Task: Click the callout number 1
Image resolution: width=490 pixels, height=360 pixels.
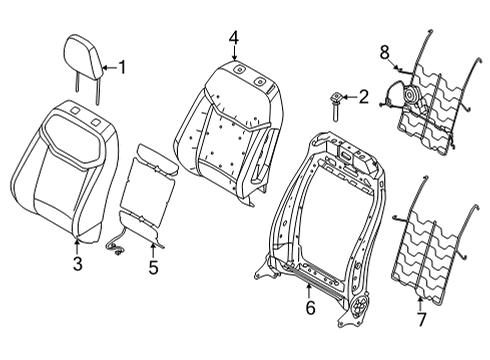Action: point(122,69)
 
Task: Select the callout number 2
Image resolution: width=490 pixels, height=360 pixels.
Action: point(363,97)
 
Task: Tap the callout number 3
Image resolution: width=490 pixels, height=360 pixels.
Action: point(78,263)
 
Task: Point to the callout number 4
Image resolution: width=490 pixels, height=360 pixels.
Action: point(233,37)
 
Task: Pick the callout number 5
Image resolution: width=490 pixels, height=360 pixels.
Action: point(153,267)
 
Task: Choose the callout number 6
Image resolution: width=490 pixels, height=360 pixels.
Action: point(310,309)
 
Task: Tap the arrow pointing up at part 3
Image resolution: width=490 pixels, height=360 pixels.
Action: point(78,245)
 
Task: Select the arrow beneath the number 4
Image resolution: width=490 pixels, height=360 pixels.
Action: point(233,54)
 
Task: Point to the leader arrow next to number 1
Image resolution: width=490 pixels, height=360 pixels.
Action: point(108,69)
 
